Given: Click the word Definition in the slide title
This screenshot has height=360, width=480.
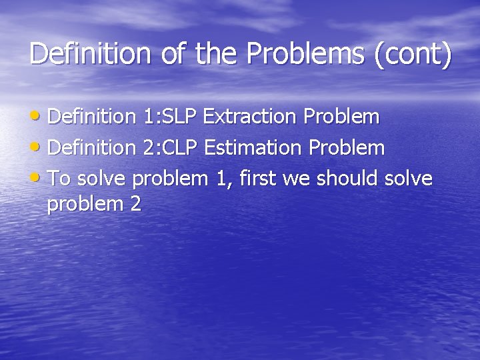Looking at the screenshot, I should [90, 54].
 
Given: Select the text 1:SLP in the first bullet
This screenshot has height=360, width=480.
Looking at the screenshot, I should [170, 117].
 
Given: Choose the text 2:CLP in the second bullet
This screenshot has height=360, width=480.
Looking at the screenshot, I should [171, 147].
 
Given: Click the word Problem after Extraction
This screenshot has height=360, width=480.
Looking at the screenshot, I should [341, 117].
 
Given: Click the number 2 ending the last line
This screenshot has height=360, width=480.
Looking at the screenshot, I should [136, 203].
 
